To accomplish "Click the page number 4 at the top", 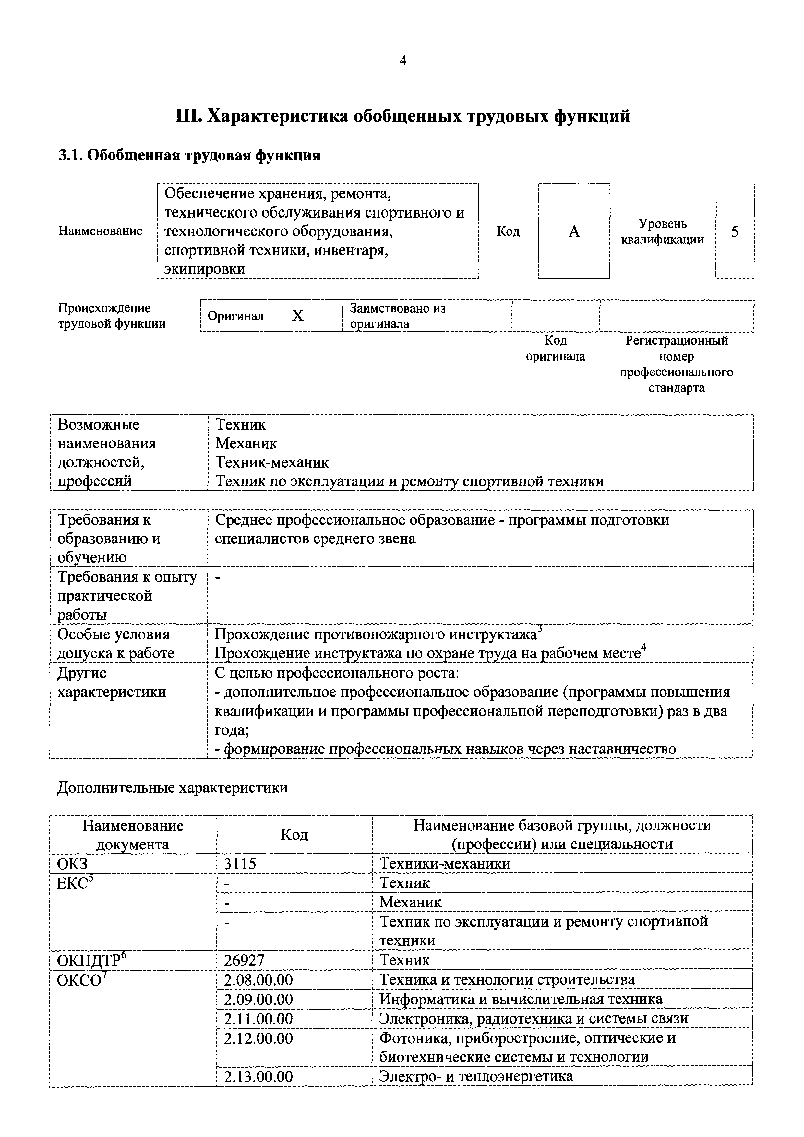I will [403, 61].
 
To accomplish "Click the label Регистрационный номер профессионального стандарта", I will [676, 364].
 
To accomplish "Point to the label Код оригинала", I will [555, 348].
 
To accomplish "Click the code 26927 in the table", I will [244, 960].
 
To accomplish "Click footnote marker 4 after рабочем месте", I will [644, 647].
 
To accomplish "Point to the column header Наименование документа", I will [133, 835].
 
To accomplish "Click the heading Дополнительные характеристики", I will [173, 788].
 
